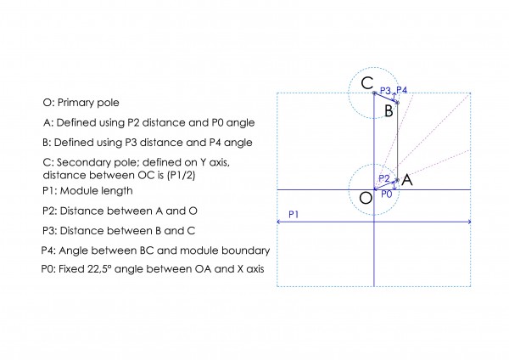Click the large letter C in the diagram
367,83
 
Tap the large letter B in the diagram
389,110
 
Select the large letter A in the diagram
407,180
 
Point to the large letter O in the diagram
366,198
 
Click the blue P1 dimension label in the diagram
294,215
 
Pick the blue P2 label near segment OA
384,178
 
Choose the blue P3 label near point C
385,91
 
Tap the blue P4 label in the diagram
402,90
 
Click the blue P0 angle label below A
387,194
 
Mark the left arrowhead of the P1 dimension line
278,222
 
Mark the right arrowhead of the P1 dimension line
469,222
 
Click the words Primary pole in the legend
88,103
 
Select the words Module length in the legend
97,191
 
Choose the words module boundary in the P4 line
225,250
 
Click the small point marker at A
397,180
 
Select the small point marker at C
374,93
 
